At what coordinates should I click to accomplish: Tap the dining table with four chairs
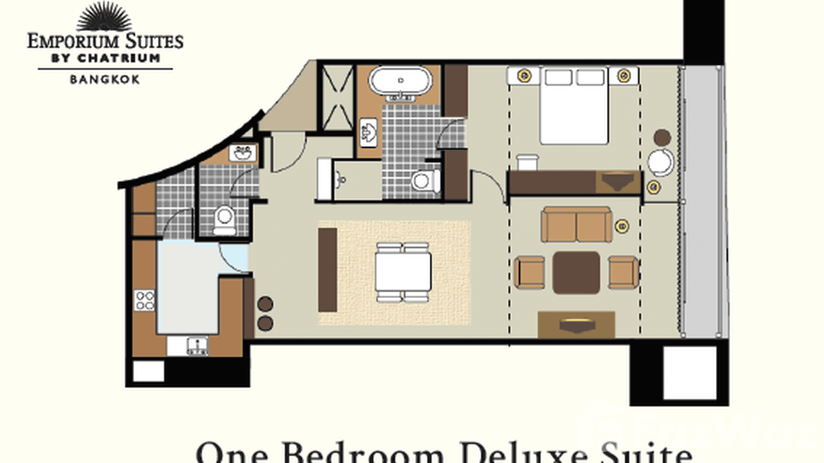point(403,273)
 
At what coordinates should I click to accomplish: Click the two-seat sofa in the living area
point(577,224)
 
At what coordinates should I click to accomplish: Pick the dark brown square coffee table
point(576,272)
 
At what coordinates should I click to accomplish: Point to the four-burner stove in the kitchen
point(145,300)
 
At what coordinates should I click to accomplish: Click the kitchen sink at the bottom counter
point(198,346)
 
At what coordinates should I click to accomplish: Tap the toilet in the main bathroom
point(424,181)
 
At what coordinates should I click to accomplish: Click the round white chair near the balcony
point(660,162)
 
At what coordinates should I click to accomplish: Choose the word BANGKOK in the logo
point(105,79)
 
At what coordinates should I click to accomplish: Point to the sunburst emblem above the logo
point(104,17)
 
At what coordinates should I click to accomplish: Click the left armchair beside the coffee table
point(530,272)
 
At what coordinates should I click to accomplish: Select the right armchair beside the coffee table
point(623,272)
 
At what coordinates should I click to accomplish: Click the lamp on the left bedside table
point(524,76)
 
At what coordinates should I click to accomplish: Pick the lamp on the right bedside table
point(624,76)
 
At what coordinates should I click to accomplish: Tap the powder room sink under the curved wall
point(243,154)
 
